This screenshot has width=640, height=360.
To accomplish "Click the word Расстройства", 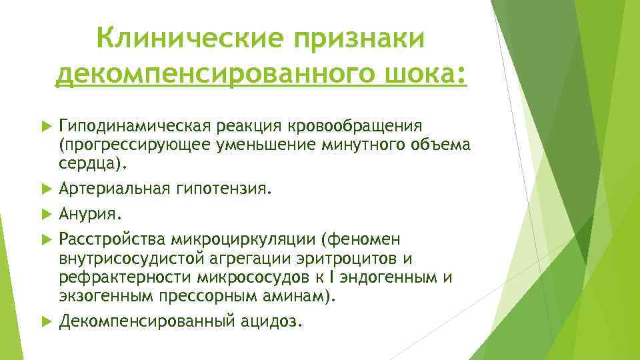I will [x=111, y=239].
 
